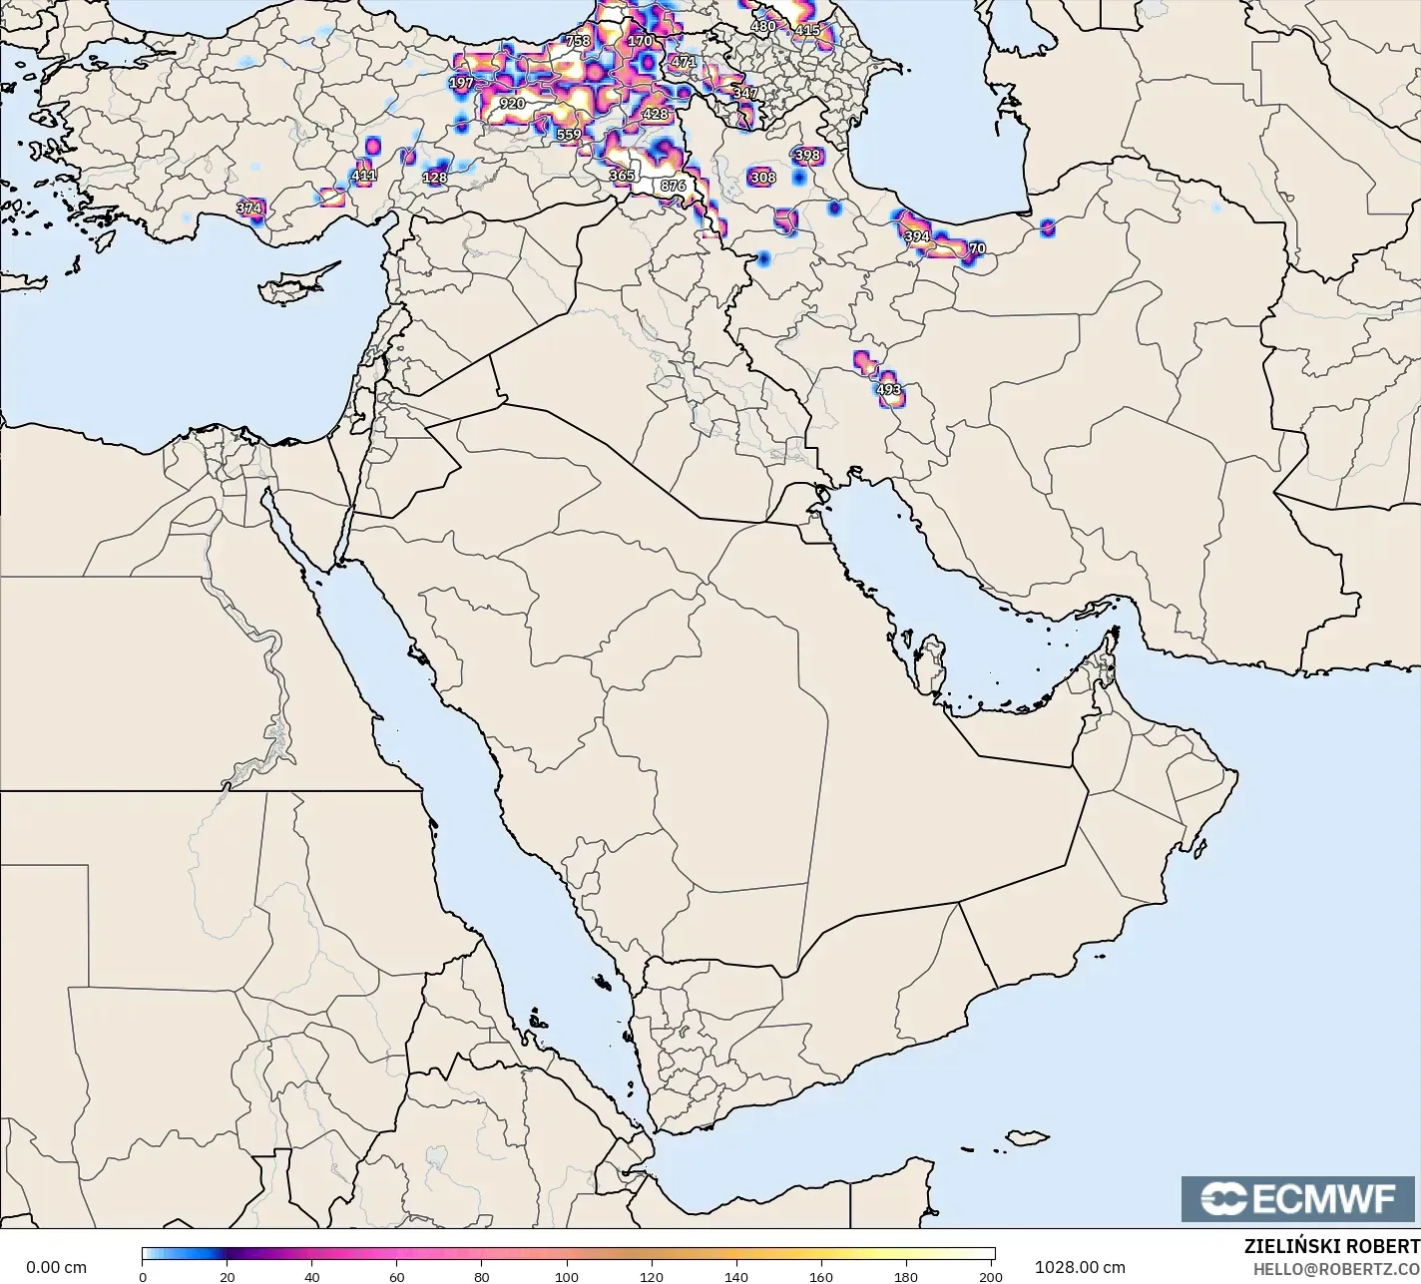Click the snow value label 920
click(x=512, y=104)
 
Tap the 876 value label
click(x=674, y=186)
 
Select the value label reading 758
click(x=578, y=41)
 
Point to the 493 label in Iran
click(x=888, y=390)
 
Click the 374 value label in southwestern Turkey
click(x=248, y=209)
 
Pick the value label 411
click(x=364, y=176)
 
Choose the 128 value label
click(x=435, y=178)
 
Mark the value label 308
click(x=762, y=178)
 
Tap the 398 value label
click(x=807, y=155)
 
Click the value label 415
click(x=806, y=30)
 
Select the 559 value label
click(x=569, y=135)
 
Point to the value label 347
click(x=744, y=93)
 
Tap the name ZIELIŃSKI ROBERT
click(x=1331, y=1246)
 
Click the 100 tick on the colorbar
click(x=567, y=1276)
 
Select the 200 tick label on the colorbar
click(x=990, y=1276)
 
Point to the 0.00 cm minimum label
click(x=56, y=1267)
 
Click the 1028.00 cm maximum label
click(x=1080, y=1267)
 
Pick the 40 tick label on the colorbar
click(x=312, y=1276)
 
